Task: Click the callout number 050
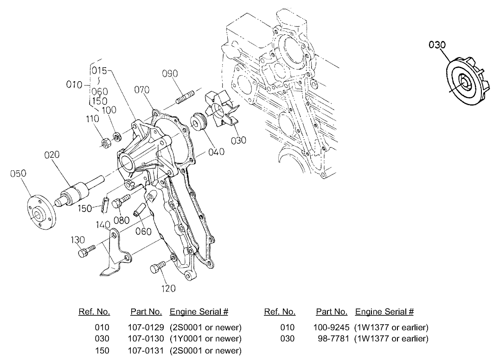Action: (x=18, y=174)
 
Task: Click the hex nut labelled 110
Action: (x=106, y=141)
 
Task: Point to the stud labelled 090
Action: (x=184, y=98)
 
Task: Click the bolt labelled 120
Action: (x=157, y=268)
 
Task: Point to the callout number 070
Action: (x=141, y=90)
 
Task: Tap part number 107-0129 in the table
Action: (x=145, y=327)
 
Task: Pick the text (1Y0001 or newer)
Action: (x=205, y=339)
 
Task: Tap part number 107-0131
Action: (x=145, y=350)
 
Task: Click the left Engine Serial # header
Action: (x=199, y=311)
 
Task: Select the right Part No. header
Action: (x=332, y=311)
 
